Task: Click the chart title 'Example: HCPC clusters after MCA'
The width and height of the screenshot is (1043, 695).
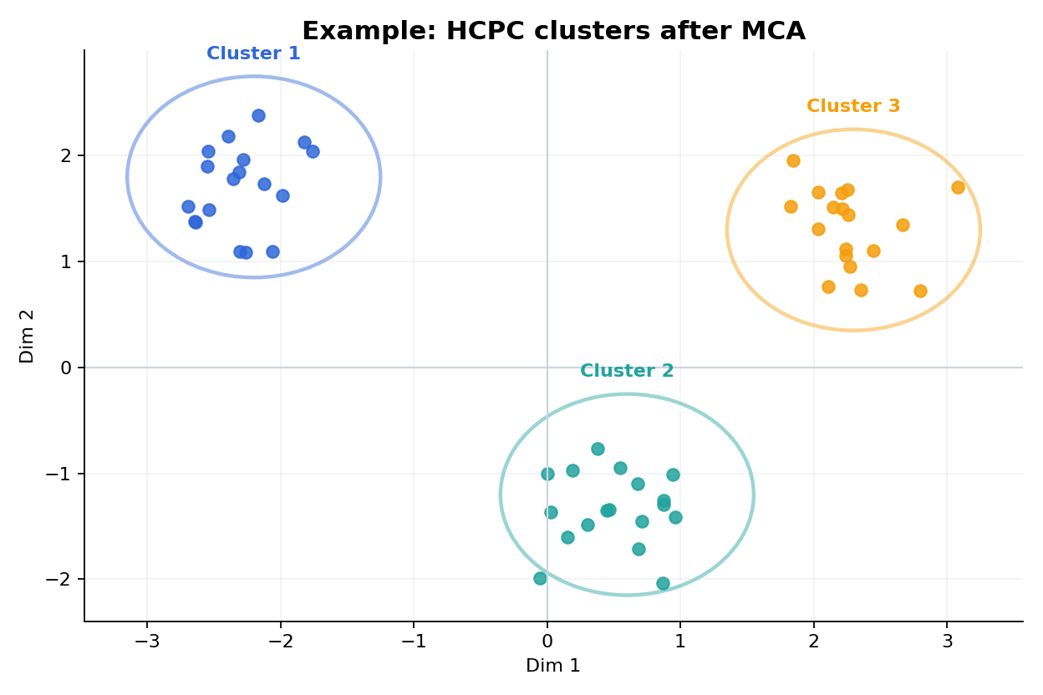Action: click(x=553, y=31)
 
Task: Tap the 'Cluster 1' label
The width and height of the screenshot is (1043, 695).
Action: click(x=253, y=53)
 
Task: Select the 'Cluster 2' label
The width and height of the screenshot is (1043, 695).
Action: click(x=627, y=371)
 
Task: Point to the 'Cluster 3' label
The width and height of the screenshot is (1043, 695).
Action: click(x=853, y=106)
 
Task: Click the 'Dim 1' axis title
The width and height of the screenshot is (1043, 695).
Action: click(x=552, y=666)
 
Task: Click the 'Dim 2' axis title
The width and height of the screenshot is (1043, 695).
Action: click(x=27, y=336)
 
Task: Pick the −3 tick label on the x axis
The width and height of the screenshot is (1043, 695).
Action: click(x=147, y=642)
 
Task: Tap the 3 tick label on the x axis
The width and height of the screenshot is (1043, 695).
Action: click(x=947, y=642)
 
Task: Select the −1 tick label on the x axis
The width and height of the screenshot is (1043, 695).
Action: click(x=414, y=642)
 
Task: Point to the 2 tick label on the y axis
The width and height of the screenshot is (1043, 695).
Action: click(x=67, y=156)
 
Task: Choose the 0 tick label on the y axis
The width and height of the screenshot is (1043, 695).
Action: click(x=67, y=368)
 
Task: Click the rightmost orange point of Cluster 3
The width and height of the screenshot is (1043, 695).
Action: click(x=958, y=187)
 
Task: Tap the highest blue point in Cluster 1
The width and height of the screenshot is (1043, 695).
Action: click(x=258, y=115)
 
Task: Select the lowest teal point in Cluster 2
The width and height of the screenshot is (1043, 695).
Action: click(x=663, y=583)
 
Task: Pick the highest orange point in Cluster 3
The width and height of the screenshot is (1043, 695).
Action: click(x=793, y=160)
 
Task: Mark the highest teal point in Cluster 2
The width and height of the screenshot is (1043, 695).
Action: click(x=598, y=449)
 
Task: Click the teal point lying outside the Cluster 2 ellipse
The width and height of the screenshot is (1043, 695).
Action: click(x=540, y=578)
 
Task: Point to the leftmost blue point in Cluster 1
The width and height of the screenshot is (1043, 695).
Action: click(x=188, y=206)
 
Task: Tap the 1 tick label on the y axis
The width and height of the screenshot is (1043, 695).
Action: click(x=67, y=261)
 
